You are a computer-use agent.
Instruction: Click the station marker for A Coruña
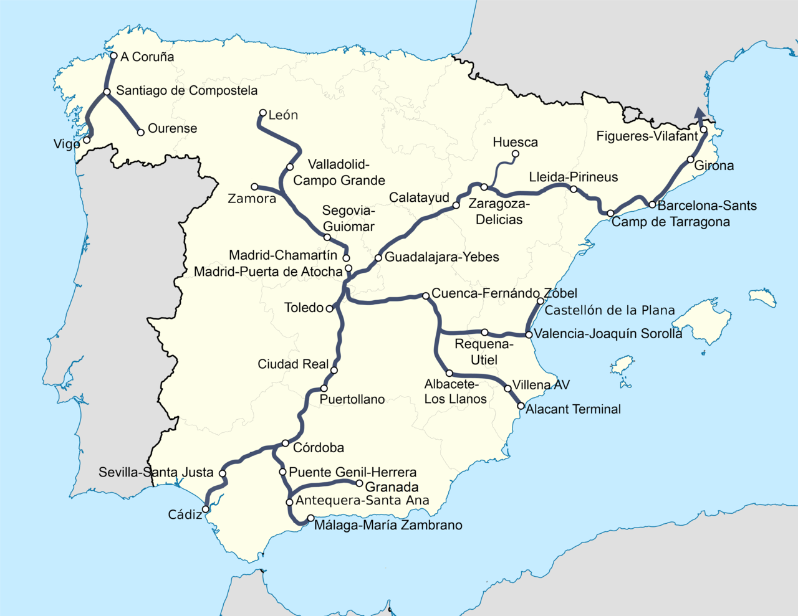click(113, 56)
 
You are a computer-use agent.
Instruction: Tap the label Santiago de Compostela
click(186, 91)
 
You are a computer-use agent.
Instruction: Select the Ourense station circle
click(141, 132)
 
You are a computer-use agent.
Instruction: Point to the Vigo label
click(67, 145)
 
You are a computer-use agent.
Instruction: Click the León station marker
click(263, 113)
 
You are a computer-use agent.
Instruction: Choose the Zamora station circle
click(254, 187)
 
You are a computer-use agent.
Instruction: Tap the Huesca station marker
click(515, 154)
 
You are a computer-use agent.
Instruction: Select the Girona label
click(714, 166)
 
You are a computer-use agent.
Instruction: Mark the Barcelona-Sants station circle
click(652, 204)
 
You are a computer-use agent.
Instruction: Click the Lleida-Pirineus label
click(573, 178)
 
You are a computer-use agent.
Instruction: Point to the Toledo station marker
click(330, 308)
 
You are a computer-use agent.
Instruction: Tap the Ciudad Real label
click(293, 364)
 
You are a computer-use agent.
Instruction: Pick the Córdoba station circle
click(285, 443)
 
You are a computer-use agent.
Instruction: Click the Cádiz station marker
click(206, 509)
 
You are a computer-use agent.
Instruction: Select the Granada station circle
click(359, 483)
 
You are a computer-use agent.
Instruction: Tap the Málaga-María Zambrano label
click(388, 526)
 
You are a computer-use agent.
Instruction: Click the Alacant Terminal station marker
click(521, 406)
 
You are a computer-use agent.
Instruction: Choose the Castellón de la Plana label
click(610, 310)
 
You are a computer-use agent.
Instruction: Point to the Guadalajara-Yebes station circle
click(378, 258)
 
